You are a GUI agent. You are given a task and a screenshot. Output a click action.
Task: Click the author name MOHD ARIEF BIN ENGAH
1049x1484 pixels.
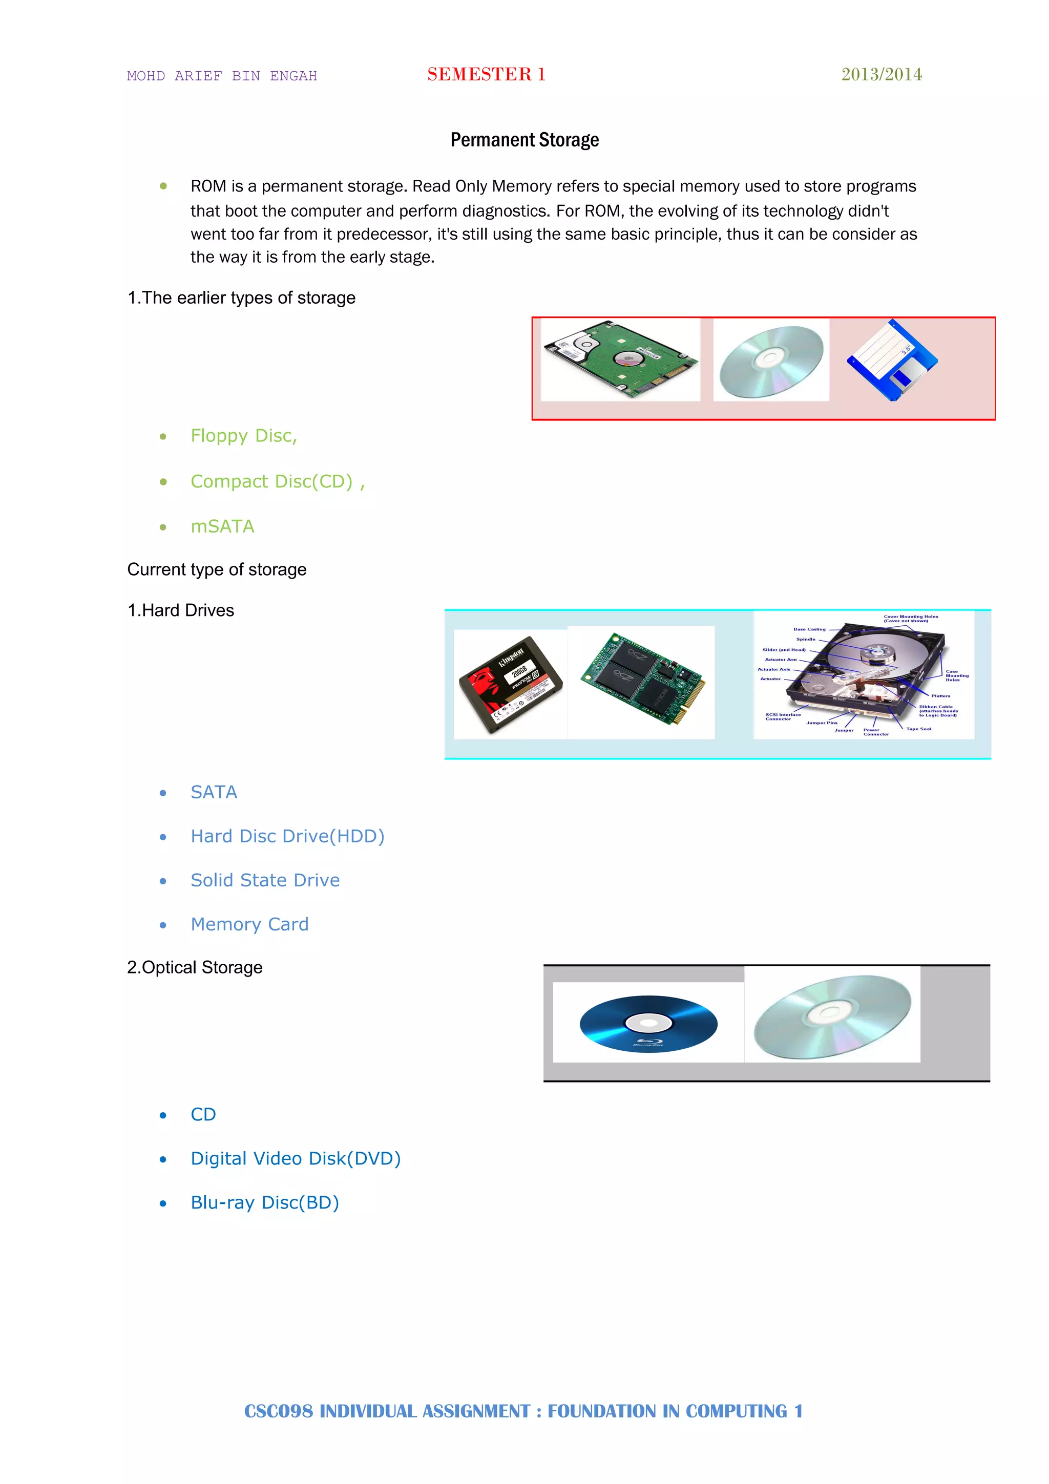point(222,76)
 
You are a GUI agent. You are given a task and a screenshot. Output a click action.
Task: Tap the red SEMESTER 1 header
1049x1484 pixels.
point(486,74)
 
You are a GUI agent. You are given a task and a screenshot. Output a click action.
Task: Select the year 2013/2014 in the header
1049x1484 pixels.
point(881,74)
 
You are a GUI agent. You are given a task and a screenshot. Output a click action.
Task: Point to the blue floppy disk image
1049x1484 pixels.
point(892,361)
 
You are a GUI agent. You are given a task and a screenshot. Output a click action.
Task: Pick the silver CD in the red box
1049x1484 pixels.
point(771,361)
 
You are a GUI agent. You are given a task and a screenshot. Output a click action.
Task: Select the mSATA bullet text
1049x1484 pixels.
point(222,527)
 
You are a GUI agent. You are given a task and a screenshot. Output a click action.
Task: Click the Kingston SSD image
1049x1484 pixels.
point(511,684)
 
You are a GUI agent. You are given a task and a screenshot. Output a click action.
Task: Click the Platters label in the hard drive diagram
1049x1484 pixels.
point(940,696)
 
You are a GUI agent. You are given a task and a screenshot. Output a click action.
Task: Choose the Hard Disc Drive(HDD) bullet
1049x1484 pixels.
point(288,836)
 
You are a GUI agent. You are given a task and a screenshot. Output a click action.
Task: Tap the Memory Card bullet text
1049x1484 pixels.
point(249,924)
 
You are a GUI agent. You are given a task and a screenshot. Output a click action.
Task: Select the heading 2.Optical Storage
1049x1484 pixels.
point(195,968)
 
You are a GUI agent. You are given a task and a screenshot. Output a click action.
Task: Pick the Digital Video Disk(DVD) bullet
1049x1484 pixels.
point(296,1158)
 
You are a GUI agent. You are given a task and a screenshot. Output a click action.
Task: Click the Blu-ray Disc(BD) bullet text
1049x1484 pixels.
point(264,1202)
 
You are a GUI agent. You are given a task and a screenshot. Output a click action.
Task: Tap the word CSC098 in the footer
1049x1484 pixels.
point(278,1411)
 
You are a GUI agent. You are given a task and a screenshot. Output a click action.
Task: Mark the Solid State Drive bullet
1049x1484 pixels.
point(265,880)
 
